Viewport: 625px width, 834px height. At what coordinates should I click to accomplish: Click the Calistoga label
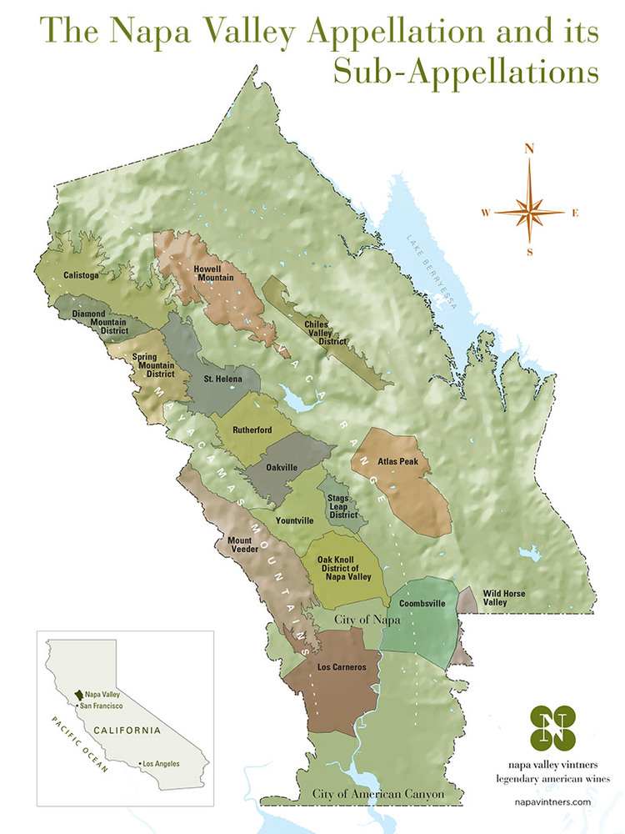coord(81,275)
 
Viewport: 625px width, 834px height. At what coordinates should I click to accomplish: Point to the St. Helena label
coord(223,379)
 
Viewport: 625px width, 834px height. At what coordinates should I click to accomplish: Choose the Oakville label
coord(282,468)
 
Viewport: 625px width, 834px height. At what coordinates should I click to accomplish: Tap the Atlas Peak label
coord(391,461)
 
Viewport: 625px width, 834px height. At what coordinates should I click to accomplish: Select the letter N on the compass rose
coord(528,149)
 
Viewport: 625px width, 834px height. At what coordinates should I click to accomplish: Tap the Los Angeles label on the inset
coord(161,764)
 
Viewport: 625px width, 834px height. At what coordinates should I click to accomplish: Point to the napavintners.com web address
coord(553,801)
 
